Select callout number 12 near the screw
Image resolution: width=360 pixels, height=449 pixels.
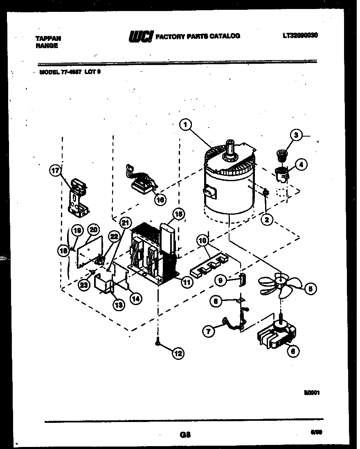point(178,353)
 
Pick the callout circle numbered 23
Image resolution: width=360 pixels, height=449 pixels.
point(85,285)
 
